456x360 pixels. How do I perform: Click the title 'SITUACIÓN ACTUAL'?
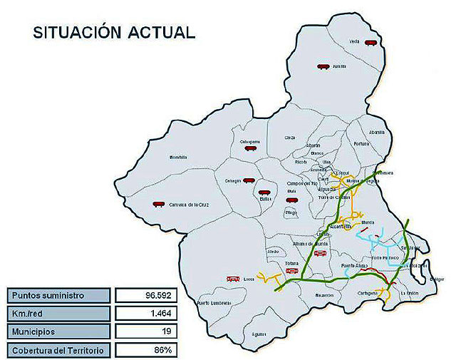pos(113,33)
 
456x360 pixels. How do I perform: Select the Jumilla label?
pos(339,66)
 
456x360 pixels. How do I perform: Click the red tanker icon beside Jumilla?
pos(323,67)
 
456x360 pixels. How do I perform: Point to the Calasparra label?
pos(250,141)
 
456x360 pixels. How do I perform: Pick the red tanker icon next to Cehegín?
pos(248,181)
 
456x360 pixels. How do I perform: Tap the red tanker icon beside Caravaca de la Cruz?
pos(158,204)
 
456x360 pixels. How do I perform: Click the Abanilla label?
pos(377,132)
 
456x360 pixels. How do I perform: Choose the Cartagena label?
pos(367,292)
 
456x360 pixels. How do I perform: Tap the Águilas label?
pos(259,334)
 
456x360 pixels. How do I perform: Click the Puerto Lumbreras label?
pos(213,303)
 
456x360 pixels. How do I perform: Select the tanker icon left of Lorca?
pos(232,278)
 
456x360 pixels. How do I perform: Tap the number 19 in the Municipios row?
pos(165,332)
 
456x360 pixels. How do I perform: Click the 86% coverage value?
pos(165,350)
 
